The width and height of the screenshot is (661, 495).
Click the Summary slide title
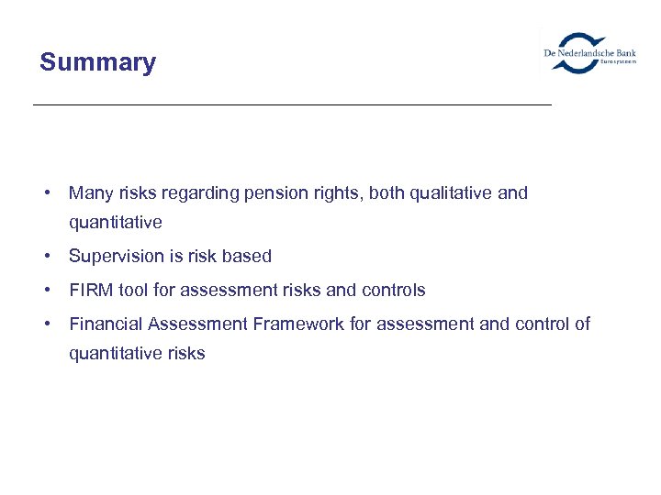(x=97, y=63)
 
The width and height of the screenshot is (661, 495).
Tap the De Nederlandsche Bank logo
(x=588, y=52)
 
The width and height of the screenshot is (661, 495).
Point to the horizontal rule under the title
(x=292, y=105)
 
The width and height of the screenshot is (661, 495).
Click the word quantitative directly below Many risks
(x=115, y=223)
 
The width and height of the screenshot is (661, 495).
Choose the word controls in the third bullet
(x=393, y=291)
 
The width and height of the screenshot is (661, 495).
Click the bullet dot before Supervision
(x=45, y=257)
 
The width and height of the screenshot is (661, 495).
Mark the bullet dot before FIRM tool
(x=45, y=291)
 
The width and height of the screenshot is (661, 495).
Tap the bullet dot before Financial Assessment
(x=45, y=324)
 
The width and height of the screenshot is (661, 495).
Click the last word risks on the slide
(x=186, y=354)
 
